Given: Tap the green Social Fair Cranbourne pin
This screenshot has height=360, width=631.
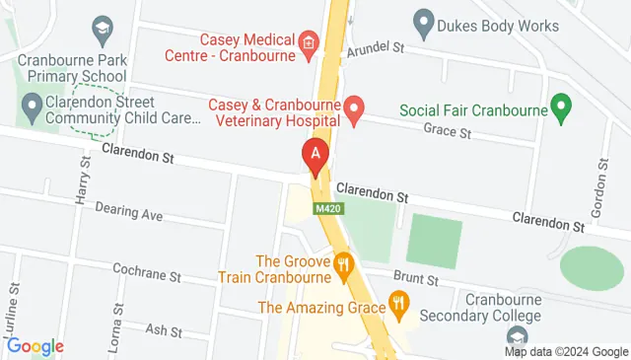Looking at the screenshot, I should [x=562, y=108].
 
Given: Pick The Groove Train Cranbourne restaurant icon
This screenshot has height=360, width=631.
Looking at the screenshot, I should [x=343, y=264].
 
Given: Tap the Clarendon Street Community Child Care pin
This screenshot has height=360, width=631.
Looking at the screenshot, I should [x=33, y=104].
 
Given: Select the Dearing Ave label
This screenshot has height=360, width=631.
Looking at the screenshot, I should [x=128, y=213].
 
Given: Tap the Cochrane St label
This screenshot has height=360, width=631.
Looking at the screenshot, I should [x=147, y=273].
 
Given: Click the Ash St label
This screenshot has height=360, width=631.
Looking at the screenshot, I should [x=158, y=329].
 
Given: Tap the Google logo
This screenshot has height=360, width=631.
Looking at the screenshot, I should [x=35, y=346].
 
